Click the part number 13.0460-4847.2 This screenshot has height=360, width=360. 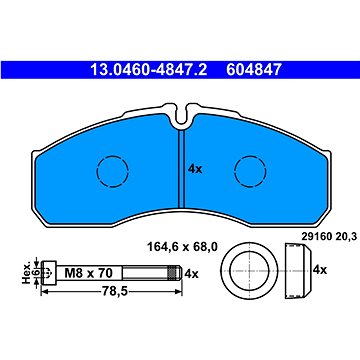pos(149,70)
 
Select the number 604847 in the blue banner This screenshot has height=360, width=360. pos(254,70)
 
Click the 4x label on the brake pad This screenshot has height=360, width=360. pos(195,169)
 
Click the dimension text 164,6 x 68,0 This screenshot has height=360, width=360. pos(182,247)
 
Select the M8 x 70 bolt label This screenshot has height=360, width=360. pos(88,273)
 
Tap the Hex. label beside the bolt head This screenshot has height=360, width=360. pos(27,272)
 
